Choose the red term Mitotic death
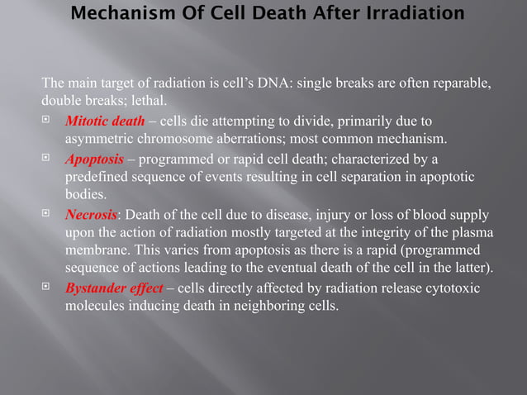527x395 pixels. coord(105,121)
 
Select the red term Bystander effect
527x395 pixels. coord(113,288)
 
